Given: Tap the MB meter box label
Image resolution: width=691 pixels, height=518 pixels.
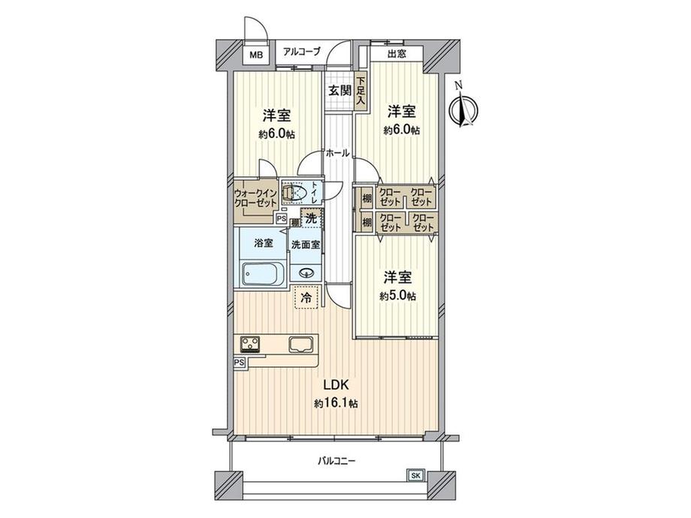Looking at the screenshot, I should coord(256,55).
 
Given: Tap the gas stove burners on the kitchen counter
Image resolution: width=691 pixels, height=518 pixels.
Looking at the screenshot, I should coord(250,345).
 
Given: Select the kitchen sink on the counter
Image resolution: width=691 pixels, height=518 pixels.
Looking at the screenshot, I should coord(301,345).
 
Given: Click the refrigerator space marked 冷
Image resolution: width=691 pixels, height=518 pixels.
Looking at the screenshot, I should coord(306,297).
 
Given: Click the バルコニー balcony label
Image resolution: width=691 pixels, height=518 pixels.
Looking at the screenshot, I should coord(336,461).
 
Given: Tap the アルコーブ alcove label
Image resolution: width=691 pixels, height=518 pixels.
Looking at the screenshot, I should coord(302,51).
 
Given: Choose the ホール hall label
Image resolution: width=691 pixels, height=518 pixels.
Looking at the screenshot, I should coord(337,152).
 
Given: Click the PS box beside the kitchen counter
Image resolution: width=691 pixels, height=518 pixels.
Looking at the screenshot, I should coord(240,362).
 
